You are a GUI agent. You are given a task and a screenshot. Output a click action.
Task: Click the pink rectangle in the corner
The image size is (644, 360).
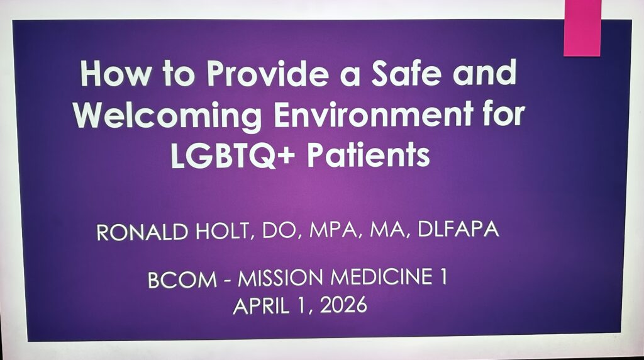point(582,28)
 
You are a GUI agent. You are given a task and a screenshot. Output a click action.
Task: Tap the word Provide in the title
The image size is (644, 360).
point(267,73)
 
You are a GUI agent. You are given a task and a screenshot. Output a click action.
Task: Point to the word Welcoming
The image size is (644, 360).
point(167,116)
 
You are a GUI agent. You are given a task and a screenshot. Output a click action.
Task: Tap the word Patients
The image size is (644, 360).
point(369,155)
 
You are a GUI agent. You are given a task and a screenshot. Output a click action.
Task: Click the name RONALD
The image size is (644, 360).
point(142,232)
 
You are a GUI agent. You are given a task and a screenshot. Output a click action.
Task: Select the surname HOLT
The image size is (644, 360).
point(222,232)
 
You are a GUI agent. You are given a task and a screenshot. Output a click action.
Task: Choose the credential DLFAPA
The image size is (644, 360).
point(458,229)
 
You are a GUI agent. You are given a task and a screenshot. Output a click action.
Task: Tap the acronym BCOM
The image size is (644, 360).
point(182,280)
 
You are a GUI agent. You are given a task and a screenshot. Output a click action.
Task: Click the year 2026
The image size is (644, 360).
point(343,305)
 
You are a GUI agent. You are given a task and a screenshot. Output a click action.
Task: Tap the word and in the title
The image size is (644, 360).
point(484,72)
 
